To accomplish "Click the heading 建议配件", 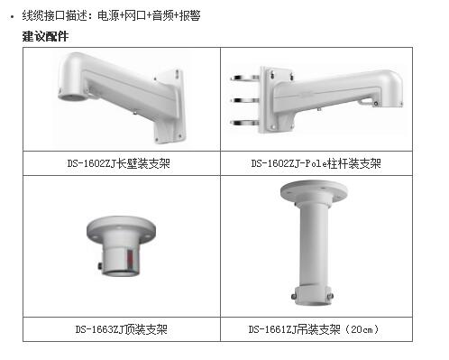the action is click(45, 36).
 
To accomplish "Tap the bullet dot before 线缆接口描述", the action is click(12, 16).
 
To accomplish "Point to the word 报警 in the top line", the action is click(189, 15).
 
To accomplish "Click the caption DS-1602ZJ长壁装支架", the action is click(119, 163).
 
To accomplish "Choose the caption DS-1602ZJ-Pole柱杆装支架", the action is click(316, 163).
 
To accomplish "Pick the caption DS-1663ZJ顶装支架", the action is click(121, 329).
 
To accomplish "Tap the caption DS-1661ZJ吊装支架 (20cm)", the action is click(314, 329).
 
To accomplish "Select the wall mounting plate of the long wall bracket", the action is click(170, 106).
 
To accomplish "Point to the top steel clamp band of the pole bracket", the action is click(244, 78).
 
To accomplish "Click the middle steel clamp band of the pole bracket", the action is click(244, 100).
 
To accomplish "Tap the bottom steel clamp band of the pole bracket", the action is click(244, 123).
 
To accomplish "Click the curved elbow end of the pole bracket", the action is click(389, 86).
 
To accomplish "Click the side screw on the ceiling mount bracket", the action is click(99, 266).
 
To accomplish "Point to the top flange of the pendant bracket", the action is click(314, 191).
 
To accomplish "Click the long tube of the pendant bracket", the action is click(314, 244).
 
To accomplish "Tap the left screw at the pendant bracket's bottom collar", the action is click(294, 296).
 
